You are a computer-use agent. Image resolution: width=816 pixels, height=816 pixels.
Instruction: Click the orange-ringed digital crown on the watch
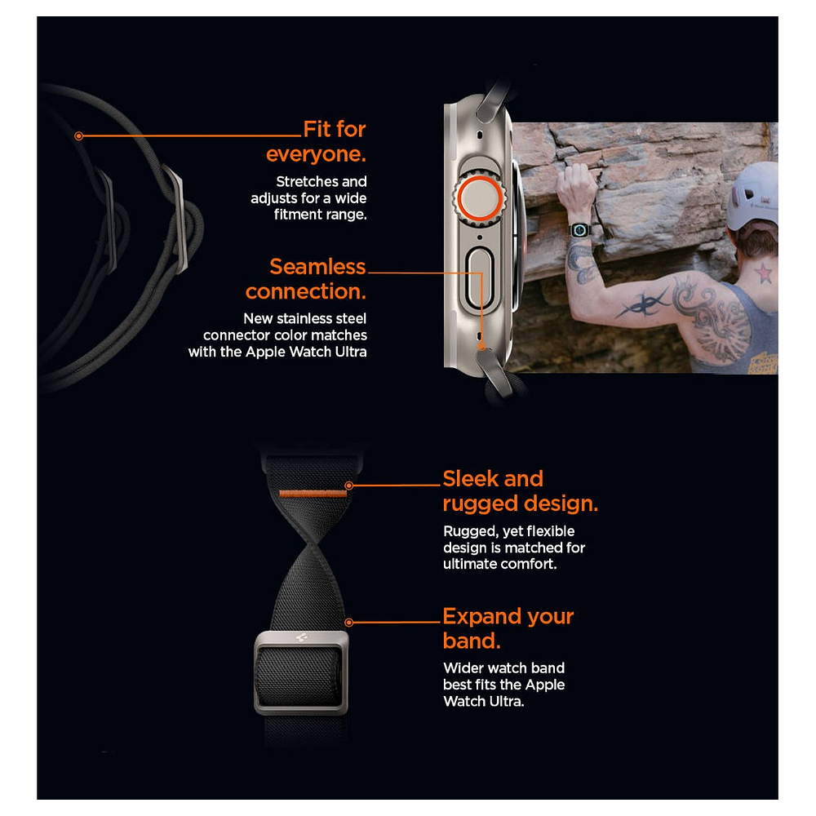click(x=479, y=198)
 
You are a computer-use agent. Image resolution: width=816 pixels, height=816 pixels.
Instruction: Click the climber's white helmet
click(x=752, y=196)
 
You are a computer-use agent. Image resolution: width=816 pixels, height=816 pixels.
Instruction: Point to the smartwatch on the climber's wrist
click(x=579, y=229)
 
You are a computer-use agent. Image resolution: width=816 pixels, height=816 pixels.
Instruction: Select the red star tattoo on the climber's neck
click(x=763, y=273)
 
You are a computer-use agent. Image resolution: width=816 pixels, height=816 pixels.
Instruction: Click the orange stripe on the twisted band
click(x=313, y=494)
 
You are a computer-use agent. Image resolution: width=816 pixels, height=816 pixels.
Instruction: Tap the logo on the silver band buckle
click(x=301, y=637)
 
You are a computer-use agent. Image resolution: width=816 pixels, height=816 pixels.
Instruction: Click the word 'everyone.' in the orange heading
click(x=316, y=154)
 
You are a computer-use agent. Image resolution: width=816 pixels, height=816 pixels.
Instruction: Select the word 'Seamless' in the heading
click(x=317, y=267)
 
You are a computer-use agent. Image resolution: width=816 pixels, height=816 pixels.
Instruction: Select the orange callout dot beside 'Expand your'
click(x=349, y=623)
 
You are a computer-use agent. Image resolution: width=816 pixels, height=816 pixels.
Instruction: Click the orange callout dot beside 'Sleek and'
click(x=349, y=486)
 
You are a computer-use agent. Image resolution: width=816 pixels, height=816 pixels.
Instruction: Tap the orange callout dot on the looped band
click(x=78, y=136)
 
